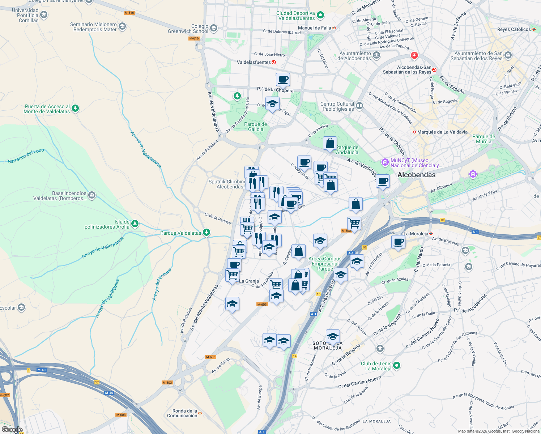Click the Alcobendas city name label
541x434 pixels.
416,175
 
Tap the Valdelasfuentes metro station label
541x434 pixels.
254,62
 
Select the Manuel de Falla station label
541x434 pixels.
314,28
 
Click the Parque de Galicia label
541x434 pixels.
255,127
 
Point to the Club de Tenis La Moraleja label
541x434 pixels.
376,366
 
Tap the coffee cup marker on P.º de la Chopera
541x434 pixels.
283,79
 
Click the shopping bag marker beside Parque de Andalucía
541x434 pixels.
330,143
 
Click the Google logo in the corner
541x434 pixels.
12,430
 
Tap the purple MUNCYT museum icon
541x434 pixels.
385,162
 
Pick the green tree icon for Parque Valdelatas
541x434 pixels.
206,233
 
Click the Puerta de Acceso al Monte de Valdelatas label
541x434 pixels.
47,109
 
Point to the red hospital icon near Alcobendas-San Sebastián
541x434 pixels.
414,56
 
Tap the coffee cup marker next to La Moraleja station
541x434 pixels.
398,242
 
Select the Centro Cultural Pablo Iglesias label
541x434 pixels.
338,106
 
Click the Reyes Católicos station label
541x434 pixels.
514,29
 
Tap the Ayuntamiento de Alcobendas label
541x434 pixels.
355,56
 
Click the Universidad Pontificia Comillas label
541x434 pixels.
25,15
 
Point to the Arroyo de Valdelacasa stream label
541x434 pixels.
146,149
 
